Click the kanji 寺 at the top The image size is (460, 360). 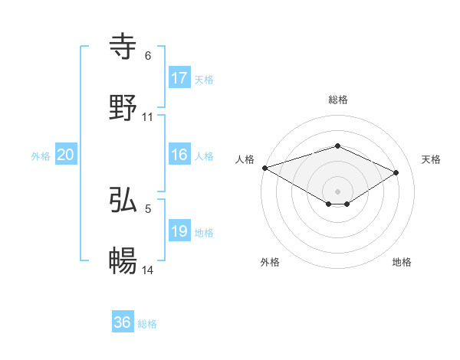(123, 46)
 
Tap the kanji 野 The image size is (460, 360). (123, 107)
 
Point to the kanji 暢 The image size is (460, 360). (123, 260)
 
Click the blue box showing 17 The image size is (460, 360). (179, 77)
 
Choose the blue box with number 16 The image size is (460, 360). (179, 155)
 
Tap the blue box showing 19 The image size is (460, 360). (179, 231)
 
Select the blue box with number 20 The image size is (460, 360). (66, 155)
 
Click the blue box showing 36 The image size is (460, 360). (123, 322)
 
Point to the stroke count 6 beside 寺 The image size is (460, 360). (148, 56)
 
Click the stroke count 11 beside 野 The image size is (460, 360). (148, 117)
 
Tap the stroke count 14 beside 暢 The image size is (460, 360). (148, 270)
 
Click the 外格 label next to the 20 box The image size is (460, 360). (41, 156)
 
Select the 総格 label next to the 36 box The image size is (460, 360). (147, 324)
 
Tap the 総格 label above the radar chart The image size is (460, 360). (337, 100)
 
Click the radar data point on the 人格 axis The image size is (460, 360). (264, 167)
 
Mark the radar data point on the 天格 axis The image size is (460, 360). (396, 172)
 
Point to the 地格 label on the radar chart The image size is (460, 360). (402, 262)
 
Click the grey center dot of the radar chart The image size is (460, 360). (337, 191)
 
